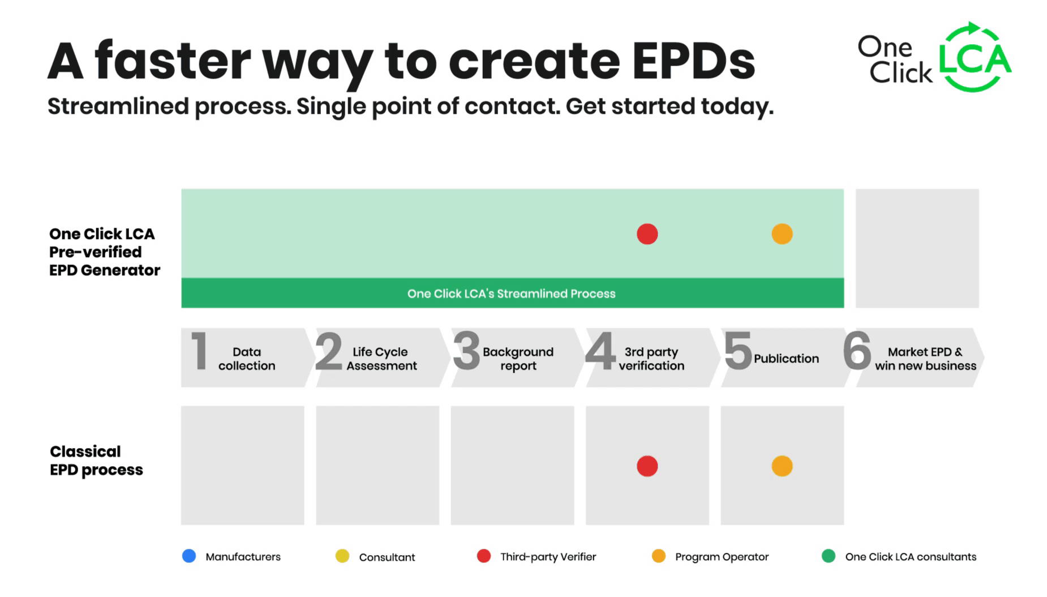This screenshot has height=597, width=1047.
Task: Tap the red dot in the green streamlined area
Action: coord(647,234)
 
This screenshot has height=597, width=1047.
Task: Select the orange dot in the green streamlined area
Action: coord(782,234)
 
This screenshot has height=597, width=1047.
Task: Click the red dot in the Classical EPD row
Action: coord(647,466)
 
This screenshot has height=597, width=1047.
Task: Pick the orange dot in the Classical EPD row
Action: coord(782,466)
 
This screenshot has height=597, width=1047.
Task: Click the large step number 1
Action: coord(199,352)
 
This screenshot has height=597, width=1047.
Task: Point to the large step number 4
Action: coord(600,352)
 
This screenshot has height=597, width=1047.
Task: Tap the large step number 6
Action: coord(857,352)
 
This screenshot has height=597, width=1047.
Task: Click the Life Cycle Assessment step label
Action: coord(381,359)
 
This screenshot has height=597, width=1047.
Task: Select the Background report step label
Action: coord(518,359)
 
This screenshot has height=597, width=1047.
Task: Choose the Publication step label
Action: coord(786,359)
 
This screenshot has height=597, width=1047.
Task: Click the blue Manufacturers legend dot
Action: coord(189,556)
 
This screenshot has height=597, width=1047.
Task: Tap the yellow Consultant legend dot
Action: coord(342,556)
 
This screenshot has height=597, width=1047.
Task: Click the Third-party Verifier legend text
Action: coord(548,557)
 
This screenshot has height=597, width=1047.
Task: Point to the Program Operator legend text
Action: coord(722,557)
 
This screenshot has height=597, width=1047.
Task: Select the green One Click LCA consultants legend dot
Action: coord(828,556)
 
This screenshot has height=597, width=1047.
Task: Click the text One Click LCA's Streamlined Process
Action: coord(511,293)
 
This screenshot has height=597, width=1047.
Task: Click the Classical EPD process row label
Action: coord(96,460)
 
